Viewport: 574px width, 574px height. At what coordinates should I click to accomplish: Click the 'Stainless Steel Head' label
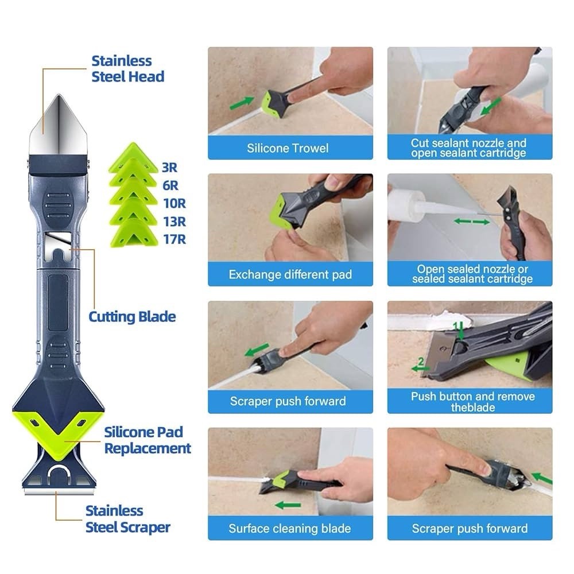point(128,69)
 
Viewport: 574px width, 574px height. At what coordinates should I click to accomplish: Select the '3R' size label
point(169,167)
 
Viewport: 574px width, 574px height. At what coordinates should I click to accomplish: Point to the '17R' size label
point(174,239)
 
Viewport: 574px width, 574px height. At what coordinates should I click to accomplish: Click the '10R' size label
point(174,203)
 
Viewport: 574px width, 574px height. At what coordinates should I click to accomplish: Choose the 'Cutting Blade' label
point(132,317)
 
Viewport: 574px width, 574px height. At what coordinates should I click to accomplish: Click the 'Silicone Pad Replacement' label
point(148,440)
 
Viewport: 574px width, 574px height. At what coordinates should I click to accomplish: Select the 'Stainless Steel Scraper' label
point(128,519)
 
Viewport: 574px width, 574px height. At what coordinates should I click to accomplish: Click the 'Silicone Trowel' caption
point(288,148)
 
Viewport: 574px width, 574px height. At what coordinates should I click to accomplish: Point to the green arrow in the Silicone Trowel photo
point(242,102)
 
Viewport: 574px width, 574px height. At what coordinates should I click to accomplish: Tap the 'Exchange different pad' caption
point(290,274)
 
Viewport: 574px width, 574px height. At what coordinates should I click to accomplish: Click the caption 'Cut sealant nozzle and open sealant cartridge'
point(468,148)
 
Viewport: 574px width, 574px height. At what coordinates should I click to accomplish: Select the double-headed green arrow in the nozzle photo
point(471,222)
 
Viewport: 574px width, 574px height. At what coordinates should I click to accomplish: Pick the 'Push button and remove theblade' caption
point(472,402)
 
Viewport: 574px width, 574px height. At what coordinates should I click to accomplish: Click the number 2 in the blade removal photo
point(421,361)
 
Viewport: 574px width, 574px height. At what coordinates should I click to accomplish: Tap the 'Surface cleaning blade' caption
point(290,528)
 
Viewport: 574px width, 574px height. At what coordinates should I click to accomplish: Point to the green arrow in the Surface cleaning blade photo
point(288,505)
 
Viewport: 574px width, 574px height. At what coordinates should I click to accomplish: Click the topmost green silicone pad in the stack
point(134,156)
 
